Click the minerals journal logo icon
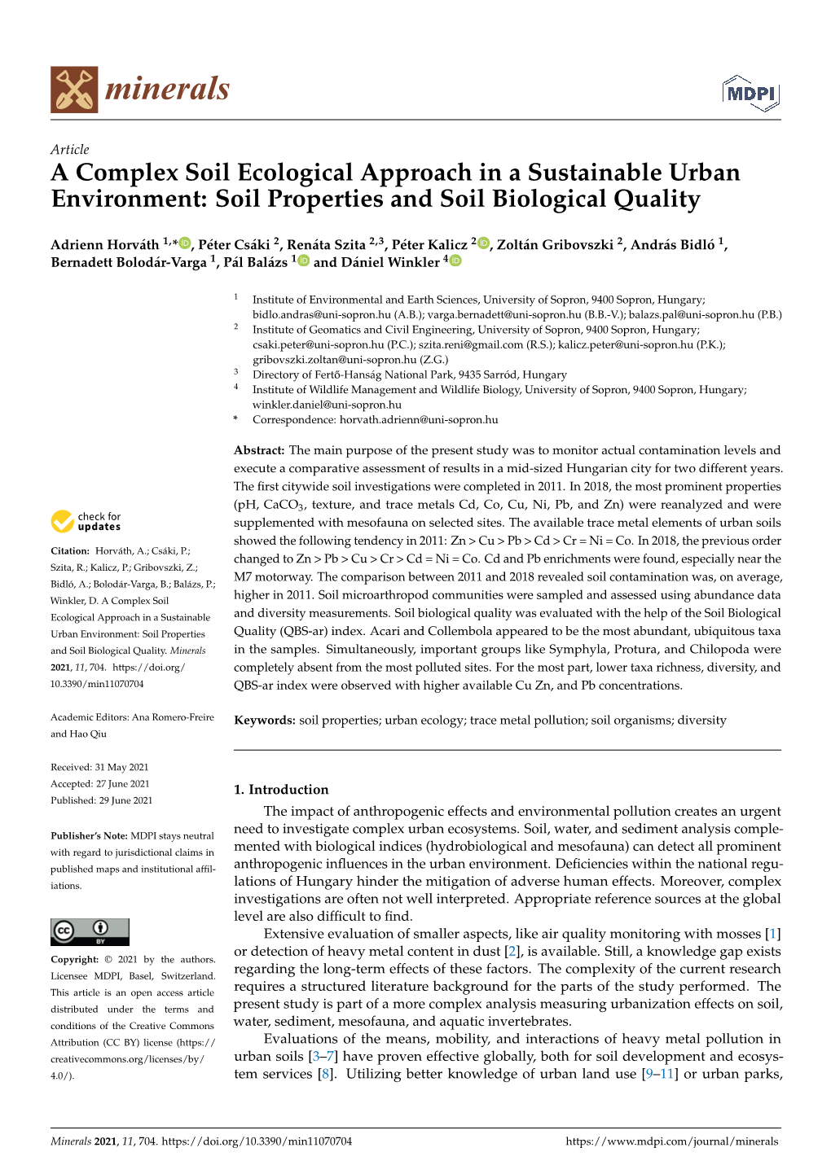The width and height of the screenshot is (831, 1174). click(x=74, y=90)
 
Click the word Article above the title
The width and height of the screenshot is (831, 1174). click(x=69, y=149)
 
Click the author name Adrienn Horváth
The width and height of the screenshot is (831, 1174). click(x=105, y=244)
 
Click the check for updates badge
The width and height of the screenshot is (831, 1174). click(x=86, y=521)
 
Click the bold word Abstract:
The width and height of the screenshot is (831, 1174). click(x=259, y=450)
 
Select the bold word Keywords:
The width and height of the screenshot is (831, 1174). click(x=265, y=721)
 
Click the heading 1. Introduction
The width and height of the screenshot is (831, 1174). click(x=281, y=789)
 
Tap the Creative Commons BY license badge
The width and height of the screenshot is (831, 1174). click(x=90, y=931)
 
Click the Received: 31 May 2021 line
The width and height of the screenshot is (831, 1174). click(x=99, y=767)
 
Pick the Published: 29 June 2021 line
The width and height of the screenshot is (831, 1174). click(x=101, y=800)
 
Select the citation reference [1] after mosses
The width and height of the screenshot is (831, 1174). click(x=773, y=934)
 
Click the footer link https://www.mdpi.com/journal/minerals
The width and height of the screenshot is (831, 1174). click(x=672, y=1141)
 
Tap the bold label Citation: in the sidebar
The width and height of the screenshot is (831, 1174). click(x=70, y=551)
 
